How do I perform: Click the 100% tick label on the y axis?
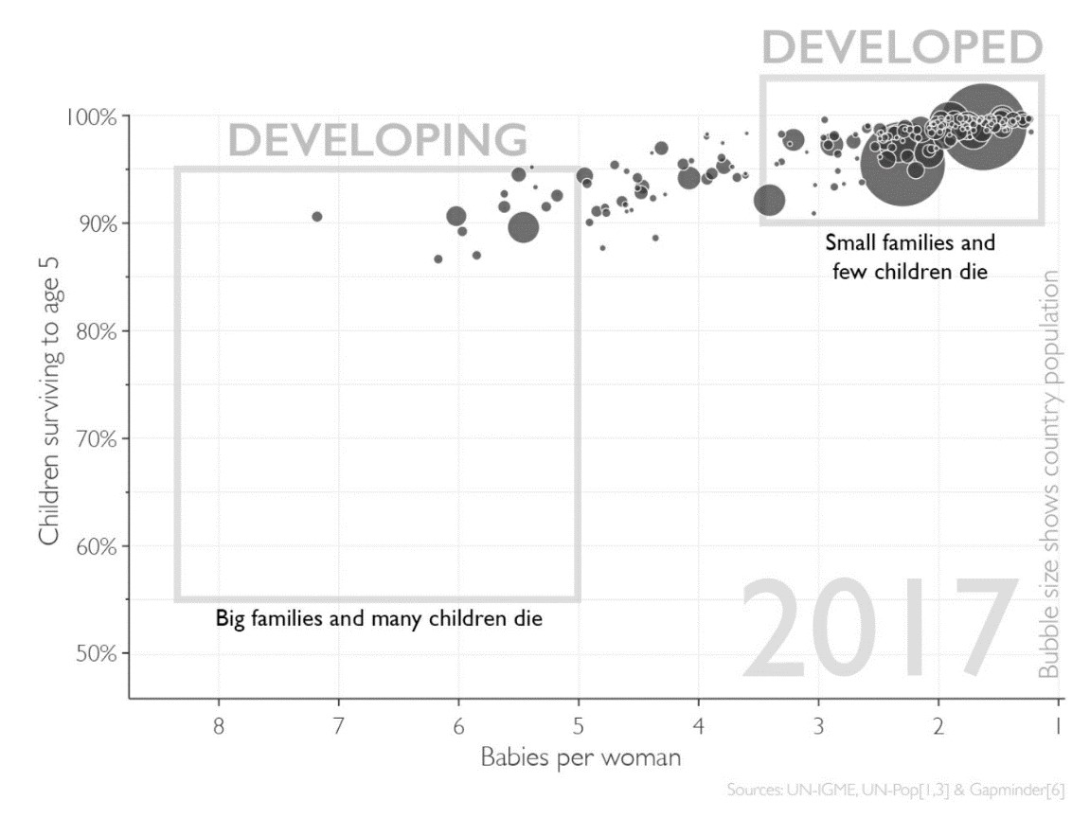90,116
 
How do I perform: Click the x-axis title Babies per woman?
581,758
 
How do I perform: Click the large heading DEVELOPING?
377,140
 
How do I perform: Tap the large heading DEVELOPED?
902,47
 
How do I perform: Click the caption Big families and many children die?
379,620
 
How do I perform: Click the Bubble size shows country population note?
1049,473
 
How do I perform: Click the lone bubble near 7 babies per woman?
317,217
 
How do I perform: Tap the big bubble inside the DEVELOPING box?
523,227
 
